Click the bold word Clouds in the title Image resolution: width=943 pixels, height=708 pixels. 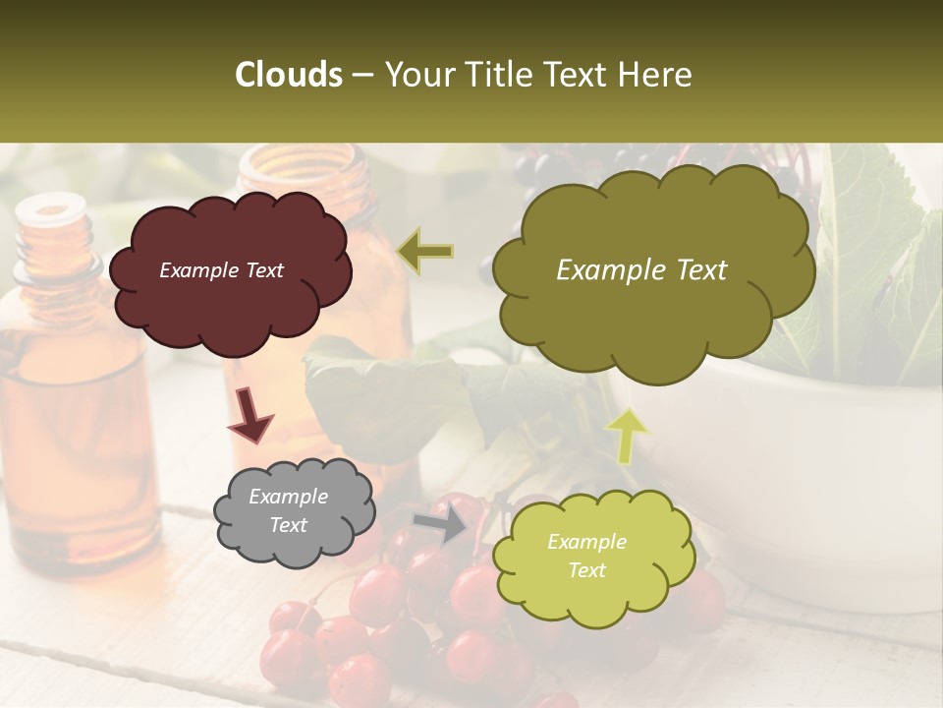pos(289,75)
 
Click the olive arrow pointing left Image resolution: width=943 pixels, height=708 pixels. pos(425,251)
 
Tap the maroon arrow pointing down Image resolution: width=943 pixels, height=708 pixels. pos(250,414)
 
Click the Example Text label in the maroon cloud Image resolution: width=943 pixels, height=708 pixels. pos(221,270)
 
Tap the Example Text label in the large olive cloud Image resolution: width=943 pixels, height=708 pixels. pos(641,270)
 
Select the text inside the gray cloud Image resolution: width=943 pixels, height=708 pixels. pos(289,510)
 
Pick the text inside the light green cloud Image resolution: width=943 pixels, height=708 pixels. pos(586,556)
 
